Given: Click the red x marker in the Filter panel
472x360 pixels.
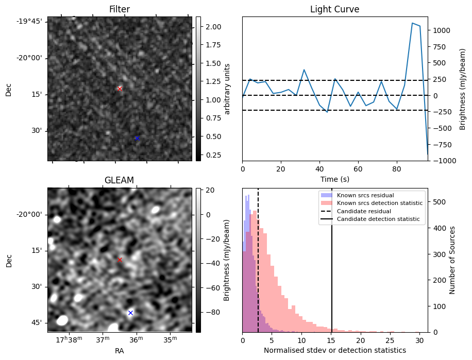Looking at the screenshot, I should tap(120, 89).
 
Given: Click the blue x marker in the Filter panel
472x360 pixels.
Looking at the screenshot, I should tap(137, 138).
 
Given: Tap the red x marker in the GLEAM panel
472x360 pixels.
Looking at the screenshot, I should tap(120, 260).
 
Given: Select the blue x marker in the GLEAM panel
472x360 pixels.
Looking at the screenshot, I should tap(130, 313).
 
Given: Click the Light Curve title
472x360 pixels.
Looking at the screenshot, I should tap(334, 9).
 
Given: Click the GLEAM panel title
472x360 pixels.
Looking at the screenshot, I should tap(119, 180).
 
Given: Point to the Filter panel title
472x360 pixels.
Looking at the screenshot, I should tap(119, 9).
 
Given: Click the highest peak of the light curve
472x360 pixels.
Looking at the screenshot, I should tap(412, 23).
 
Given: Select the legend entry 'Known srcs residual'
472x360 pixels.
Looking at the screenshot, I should tap(365, 196).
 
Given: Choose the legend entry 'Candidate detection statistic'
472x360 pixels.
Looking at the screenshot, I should tap(379, 219).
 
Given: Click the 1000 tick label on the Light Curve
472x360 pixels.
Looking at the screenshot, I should tap(443, 30).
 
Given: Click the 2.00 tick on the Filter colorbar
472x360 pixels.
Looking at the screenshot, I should tap(213, 27).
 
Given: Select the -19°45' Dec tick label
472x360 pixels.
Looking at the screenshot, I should tap(32, 21).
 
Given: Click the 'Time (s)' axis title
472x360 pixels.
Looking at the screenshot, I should tap(334, 178).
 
